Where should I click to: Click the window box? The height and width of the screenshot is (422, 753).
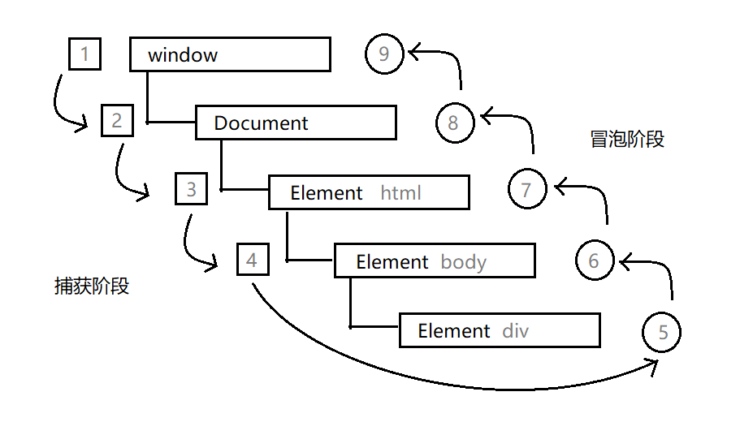coord(230,54)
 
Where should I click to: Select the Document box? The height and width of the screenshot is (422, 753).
coord(296,123)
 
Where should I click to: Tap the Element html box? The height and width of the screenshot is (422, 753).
coord(369,192)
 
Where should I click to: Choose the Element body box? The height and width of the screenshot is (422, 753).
coord(435,261)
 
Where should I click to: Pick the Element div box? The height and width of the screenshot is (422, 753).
coord(500,330)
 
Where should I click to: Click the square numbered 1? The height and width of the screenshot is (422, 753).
coord(85,54)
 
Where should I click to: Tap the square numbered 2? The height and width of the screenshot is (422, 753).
coord(118,121)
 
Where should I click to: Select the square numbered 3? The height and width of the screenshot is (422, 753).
coord(192,190)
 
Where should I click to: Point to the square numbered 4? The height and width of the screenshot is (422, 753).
coord(253,260)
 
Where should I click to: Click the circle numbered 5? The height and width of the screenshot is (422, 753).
coord(661,332)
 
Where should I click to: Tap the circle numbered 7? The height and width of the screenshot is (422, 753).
coord(527,190)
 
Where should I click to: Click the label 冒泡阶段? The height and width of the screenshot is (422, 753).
coord(627,140)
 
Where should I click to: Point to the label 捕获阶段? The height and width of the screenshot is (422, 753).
coord(92,286)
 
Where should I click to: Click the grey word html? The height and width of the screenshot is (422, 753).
coord(401,193)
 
